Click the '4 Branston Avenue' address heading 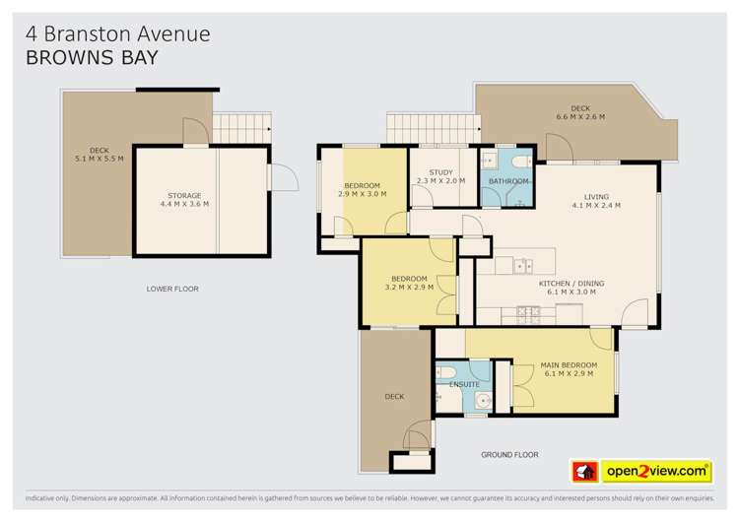(x=117, y=33)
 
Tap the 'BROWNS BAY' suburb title (x=91, y=58)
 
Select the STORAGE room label (x=184, y=200)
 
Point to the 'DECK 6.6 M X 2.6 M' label (x=580, y=112)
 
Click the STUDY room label (x=440, y=176)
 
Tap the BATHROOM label (x=508, y=181)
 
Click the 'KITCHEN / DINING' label (x=571, y=288)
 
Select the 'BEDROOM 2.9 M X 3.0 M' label (x=363, y=190)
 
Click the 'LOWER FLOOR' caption (x=172, y=289)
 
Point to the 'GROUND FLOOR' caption (x=508, y=455)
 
